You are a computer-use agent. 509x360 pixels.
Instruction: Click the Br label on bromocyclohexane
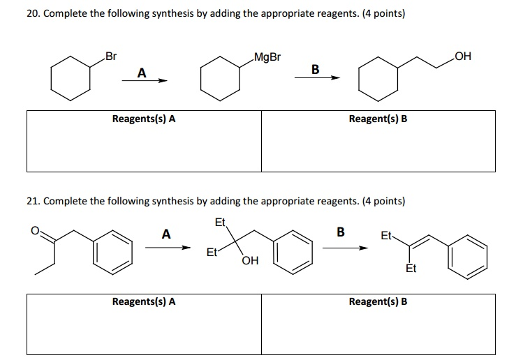click(111, 56)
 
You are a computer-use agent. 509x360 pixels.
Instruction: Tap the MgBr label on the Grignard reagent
click(267, 56)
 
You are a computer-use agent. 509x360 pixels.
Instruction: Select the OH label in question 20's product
click(463, 56)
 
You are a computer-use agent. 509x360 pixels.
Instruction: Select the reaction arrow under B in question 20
click(316, 78)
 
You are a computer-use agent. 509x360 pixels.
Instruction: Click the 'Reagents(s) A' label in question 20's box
click(144, 119)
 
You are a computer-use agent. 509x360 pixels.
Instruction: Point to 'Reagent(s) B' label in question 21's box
click(378, 301)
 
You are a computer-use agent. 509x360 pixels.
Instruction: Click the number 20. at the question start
click(34, 13)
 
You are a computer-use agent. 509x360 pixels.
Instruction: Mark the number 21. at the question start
click(34, 201)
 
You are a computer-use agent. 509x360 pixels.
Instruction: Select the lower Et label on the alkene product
click(411, 269)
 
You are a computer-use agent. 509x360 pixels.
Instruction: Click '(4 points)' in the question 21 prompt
click(383, 201)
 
